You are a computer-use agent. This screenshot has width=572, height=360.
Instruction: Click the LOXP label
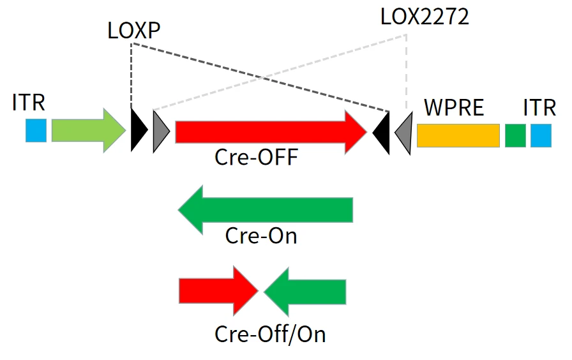pos(134,31)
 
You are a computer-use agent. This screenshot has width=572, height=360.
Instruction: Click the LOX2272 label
pos(424,17)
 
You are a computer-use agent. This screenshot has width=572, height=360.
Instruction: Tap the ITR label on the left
pos(29,103)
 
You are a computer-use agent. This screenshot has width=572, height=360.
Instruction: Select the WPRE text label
pos(454,107)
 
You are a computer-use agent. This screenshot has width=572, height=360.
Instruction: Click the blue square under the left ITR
pos(36,130)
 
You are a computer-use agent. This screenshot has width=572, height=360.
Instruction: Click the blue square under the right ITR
pos(541,135)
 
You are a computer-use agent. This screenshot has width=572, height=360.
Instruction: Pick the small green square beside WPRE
pos(515,135)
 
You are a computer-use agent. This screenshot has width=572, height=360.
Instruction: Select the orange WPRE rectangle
pos(458,135)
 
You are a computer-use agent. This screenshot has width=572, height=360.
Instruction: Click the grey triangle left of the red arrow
pos(160,131)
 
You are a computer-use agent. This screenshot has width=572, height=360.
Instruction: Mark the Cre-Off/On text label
pos(270,333)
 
